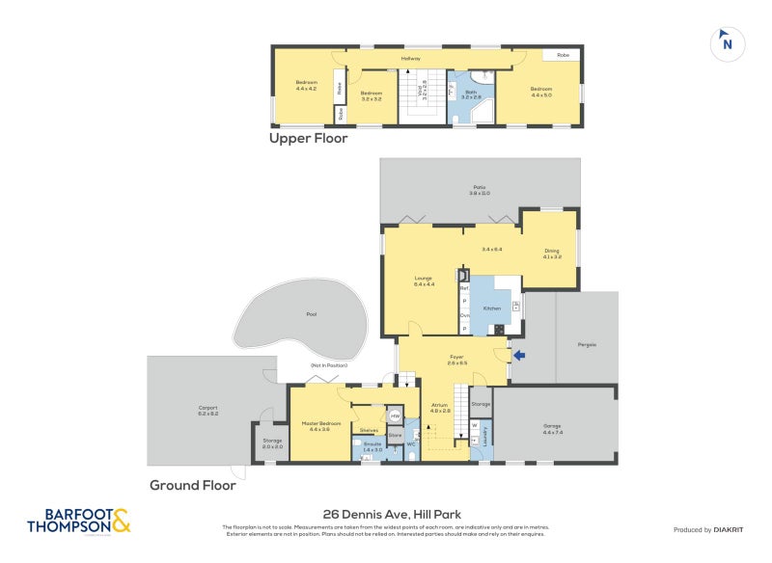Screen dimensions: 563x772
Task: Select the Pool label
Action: pos(311,314)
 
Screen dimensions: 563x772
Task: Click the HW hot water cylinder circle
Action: pos(395,416)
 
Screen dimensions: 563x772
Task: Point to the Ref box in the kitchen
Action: pos(464,288)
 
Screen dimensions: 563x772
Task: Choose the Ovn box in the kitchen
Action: pos(464,315)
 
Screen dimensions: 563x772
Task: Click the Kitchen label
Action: pos(492,308)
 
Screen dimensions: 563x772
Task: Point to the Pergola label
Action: pos(588,344)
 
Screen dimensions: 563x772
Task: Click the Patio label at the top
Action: pos(479,190)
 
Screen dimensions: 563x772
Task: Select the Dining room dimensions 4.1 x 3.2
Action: pos(551,256)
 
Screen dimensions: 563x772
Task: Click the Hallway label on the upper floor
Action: pos(412,58)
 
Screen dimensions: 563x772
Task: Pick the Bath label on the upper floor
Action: pos(471,94)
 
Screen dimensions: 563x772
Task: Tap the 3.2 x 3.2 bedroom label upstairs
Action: pos(372,96)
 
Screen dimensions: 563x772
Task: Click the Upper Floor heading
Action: pos(308,139)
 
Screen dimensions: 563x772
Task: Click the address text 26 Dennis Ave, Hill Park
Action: pos(385,514)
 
